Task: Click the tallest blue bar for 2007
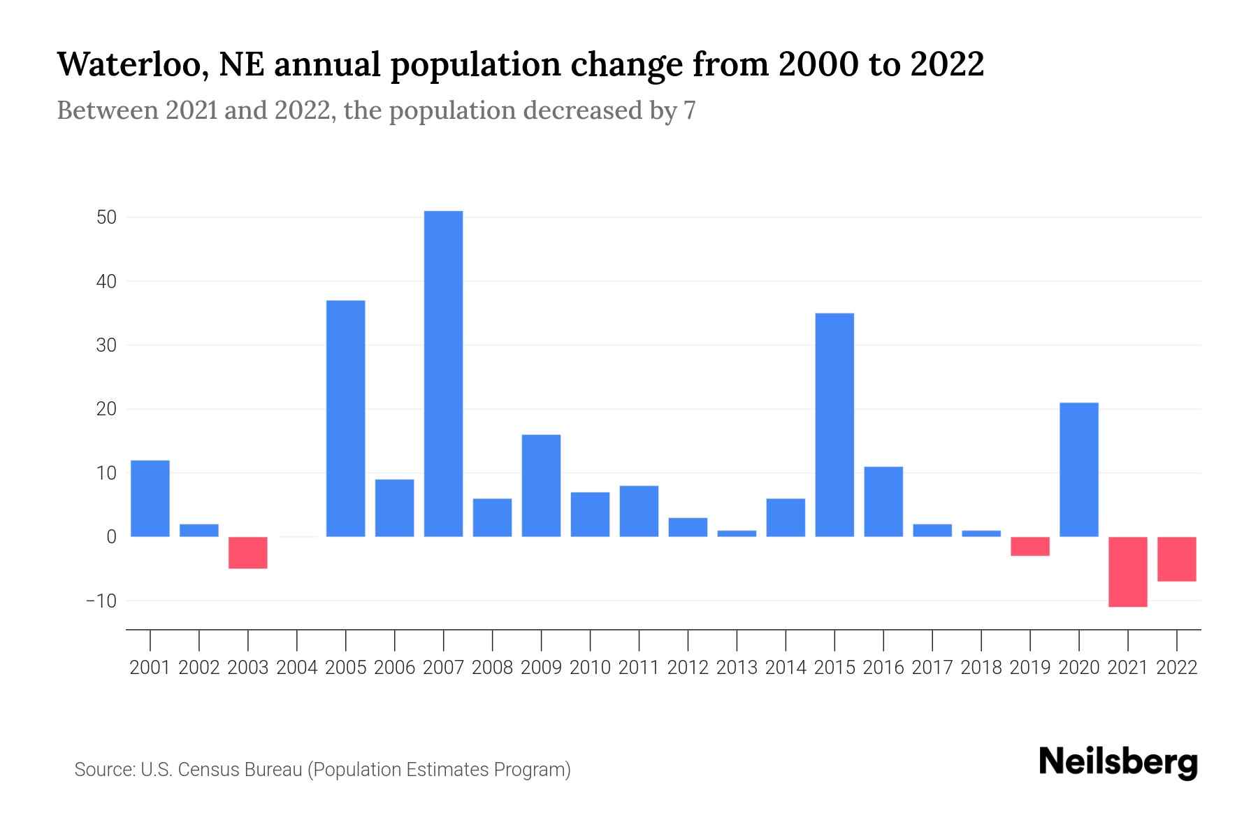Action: pyautogui.click(x=443, y=373)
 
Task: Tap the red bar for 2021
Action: pyautogui.click(x=1127, y=571)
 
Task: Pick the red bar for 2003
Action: pyautogui.click(x=248, y=552)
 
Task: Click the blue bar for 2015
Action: pyautogui.click(x=834, y=424)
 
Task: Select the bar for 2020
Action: pyautogui.click(x=1078, y=469)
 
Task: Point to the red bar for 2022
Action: pyautogui.click(x=1176, y=559)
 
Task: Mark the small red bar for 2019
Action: pyautogui.click(x=1029, y=546)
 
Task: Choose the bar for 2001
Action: pyautogui.click(x=150, y=498)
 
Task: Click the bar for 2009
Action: pyautogui.click(x=541, y=485)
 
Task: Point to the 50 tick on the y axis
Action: pyautogui.click(x=106, y=217)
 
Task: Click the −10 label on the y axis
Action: pyautogui.click(x=101, y=601)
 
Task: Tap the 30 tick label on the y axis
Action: pyautogui.click(x=106, y=345)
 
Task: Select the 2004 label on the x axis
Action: pyautogui.click(x=297, y=668)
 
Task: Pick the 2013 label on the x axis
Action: pyautogui.click(x=737, y=668)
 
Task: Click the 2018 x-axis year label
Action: pyautogui.click(x=981, y=668)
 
